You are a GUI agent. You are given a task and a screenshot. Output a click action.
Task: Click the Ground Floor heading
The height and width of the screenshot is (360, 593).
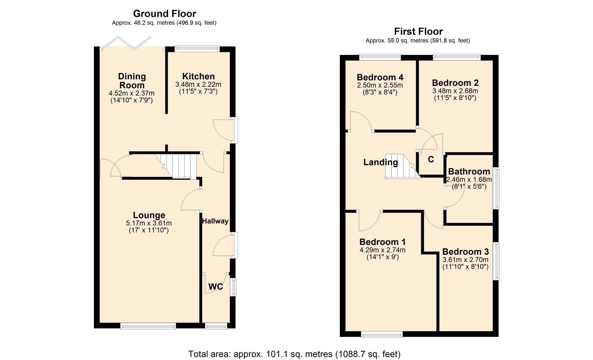pyautogui.click(x=164, y=14)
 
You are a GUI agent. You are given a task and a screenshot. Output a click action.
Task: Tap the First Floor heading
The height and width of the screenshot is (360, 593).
pyautogui.click(x=418, y=31)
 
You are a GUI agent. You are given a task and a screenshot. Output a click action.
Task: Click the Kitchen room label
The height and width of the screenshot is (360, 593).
pyautogui.click(x=198, y=76)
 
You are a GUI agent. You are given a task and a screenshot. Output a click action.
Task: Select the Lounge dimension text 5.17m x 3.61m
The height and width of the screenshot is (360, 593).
pyautogui.click(x=149, y=223)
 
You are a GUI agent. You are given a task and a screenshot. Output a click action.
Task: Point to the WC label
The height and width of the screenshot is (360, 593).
pyautogui.click(x=216, y=287)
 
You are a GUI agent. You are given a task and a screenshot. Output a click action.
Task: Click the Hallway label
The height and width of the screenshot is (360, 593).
pyautogui.click(x=215, y=221)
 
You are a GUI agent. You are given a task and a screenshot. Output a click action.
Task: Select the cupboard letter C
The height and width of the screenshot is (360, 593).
pyautogui.click(x=431, y=159)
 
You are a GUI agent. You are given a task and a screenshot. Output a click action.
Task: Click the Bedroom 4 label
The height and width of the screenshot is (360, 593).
pyautogui.click(x=380, y=77)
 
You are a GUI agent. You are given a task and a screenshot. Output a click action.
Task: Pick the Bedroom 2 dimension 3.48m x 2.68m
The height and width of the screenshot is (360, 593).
pyautogui.click(x=455, y=91)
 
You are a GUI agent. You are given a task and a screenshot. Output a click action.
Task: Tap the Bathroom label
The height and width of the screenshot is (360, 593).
pyautogui.click(x=469, y=171)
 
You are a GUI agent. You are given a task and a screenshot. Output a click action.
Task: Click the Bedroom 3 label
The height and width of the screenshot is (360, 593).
pyautogui.click(x=465, y=252)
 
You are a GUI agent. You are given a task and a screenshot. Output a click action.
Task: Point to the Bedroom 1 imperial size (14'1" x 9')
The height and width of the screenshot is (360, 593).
pyautogui.click(x=382, y=257)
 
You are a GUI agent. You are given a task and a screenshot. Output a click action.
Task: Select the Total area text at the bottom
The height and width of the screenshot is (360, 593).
pyautogui.click(x=294, y=354)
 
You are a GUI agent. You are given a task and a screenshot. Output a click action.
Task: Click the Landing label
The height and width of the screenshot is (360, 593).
pyautogui.click(x=381, y=162)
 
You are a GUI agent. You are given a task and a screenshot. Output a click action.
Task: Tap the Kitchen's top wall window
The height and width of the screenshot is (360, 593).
pyautogui.click(x=197, y=48)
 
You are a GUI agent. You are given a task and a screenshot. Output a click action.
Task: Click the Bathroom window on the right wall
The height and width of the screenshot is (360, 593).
pyautogui.click(x=496, y=188)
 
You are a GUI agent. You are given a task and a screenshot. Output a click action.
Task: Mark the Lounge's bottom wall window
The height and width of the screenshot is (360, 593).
pyautogui.click(x=148, y=326)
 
